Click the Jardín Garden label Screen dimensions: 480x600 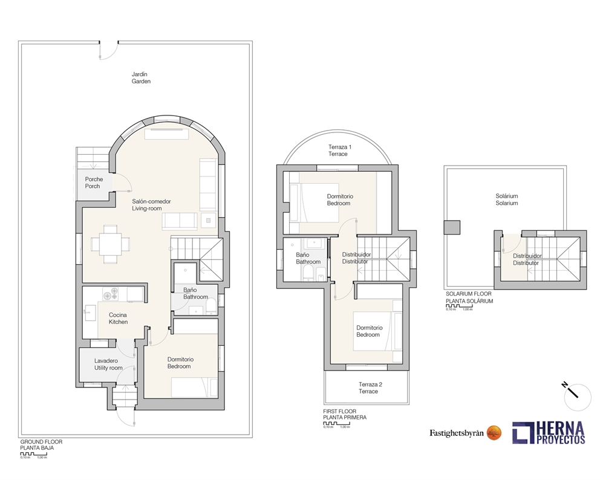[141, 78]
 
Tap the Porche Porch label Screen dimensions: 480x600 [93, 183]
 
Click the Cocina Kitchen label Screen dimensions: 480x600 [118, 319]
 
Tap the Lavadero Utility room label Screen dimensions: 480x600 [108, 365]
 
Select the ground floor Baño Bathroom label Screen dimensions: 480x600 [195, 293]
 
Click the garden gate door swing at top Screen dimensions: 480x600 [108, 51]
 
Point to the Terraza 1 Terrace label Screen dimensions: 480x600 [339, 151]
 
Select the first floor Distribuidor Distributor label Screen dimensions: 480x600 [356, 258]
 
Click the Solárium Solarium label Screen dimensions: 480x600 [507, 200]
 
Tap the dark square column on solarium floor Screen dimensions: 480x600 [452, 227]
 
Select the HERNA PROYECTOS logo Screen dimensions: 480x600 [549, 433]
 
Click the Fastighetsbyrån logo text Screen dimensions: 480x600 [457, 433]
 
